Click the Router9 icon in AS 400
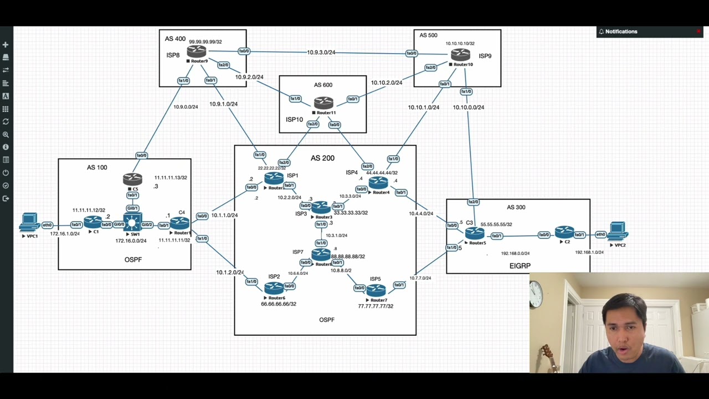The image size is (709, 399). tap(197, 52)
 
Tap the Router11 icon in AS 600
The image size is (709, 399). tap(323, 103)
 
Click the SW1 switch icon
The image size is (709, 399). tap(133, 223)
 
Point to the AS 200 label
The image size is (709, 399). tap(322, 158)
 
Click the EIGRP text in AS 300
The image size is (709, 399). tap(520, 266)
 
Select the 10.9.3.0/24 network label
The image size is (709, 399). tap(321, 53)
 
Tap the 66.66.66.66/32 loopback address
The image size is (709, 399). tap(279, 304)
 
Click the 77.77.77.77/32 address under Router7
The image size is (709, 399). tap(376, 306)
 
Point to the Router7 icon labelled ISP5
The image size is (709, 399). tap(376, 290)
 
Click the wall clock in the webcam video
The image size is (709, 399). tap(536, 295)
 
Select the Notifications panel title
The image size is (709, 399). tap(621, 32)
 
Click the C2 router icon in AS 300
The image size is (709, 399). tap(564, 232)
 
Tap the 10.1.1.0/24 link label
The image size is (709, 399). tap(224, 215)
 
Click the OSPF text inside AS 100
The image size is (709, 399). tap(133, 259)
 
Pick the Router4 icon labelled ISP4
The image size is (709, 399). tap(378, 182)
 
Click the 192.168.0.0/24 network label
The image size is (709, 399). tap(515, 253)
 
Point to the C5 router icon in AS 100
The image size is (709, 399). tap(133, 179)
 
